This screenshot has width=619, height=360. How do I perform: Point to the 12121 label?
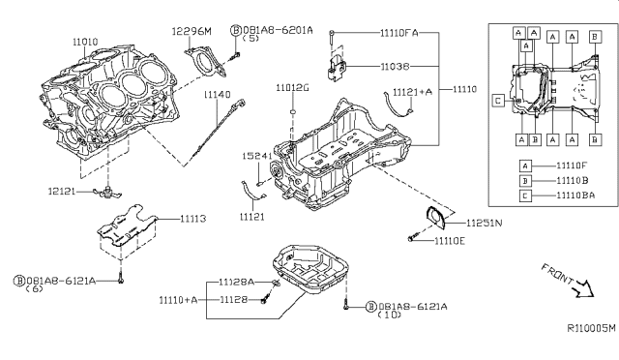coord(59,193)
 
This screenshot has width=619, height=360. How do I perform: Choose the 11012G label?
coord(291,88)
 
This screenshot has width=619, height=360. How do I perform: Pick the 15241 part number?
coord(256,155)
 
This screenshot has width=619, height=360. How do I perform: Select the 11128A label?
coord(236,281)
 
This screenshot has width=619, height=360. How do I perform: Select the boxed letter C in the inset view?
coord(496,100)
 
